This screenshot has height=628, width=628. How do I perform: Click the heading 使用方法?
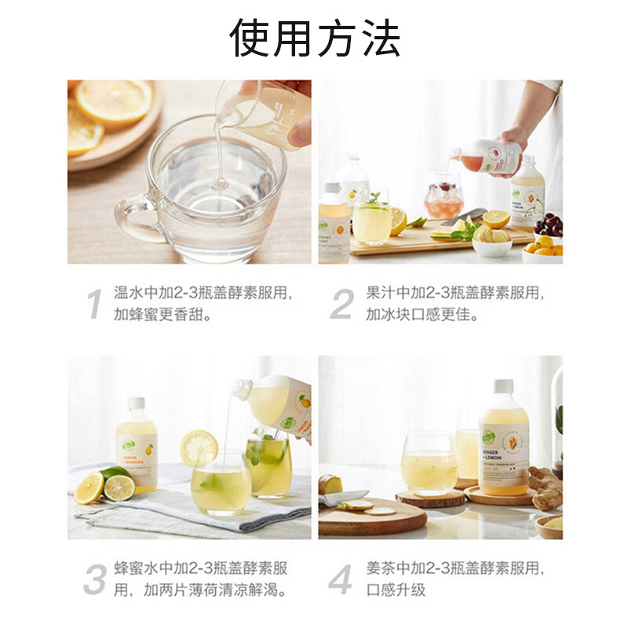314,38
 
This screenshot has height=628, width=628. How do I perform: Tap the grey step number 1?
94,304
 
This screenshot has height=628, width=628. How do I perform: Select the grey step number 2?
341,304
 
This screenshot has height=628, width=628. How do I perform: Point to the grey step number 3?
95,579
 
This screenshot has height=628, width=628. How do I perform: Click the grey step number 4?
340,579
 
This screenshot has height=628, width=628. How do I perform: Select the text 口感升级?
396,589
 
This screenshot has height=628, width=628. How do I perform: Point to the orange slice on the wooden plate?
114,101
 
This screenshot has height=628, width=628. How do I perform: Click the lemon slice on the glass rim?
199,448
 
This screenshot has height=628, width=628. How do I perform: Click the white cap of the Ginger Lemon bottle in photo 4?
502,387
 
